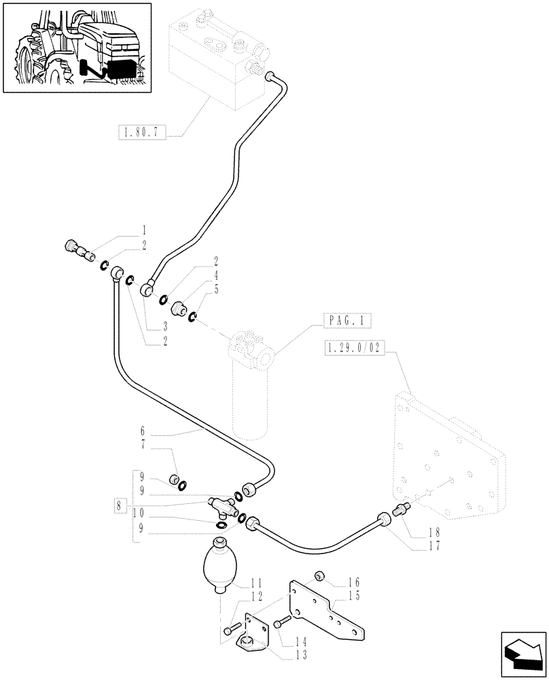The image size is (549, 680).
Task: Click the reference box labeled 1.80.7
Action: [141, 133]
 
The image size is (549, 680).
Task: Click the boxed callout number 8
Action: [120, 505]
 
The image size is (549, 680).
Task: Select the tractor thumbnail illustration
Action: [76, 48]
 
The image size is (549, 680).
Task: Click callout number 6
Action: [143, 430]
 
